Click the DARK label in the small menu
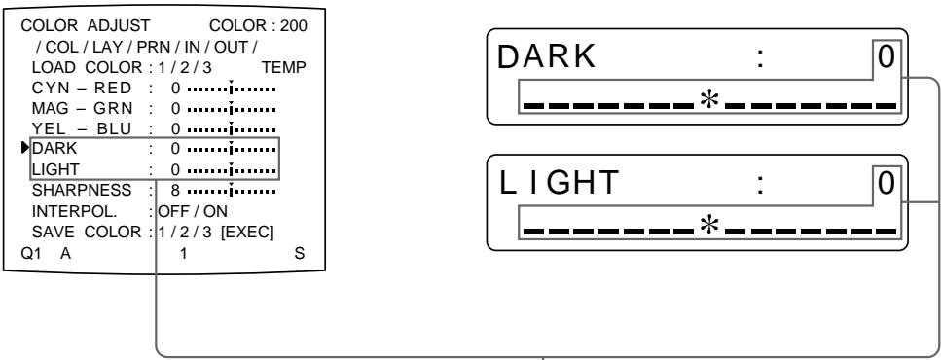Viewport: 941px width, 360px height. coord(50,150)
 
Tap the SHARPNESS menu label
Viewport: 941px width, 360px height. coord(71,191)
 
